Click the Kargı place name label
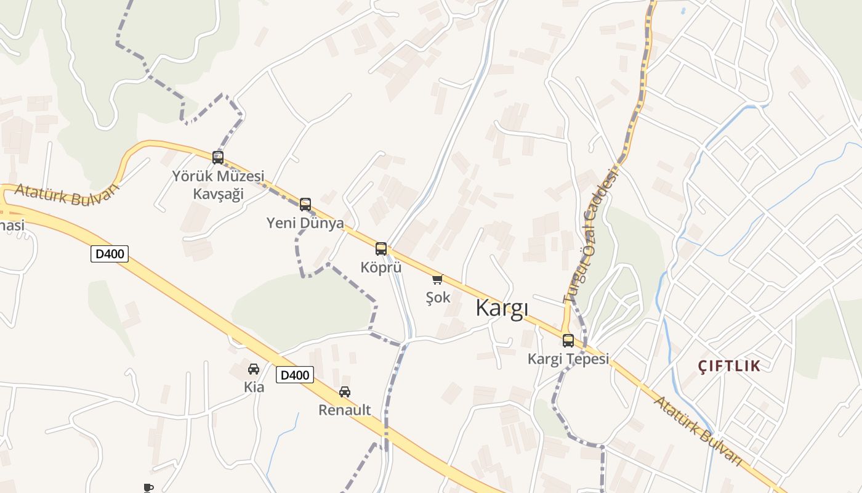click(502, 308)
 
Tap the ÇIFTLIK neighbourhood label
click(729, 366)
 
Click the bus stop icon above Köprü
click(381, 249)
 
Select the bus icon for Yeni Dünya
click(305, 205)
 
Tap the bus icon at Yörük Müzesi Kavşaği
click(218, 158)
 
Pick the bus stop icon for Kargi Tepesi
click(568, 341)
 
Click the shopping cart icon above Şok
click(438, 280)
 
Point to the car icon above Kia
click(254, 369)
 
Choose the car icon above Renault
click(345, 392)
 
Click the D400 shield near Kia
click(295, 375)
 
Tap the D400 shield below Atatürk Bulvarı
click(110, 253)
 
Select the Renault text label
click(345, 410)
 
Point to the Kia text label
click(254, 387)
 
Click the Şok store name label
click(438, 298)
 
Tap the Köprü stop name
click(381, 267)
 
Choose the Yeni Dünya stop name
click(305, 223)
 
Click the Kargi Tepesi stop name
click(568, 359)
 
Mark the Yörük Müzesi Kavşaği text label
click(218, 185)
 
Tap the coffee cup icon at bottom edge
click(148, 488)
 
